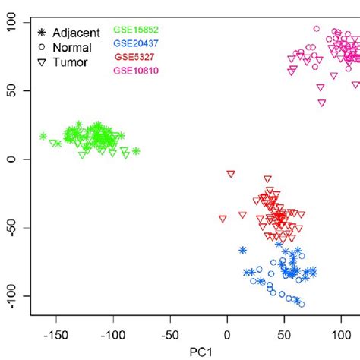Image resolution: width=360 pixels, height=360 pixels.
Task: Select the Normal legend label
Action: pos(71,47)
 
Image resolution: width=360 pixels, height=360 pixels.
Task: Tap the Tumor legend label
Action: pos(68,62)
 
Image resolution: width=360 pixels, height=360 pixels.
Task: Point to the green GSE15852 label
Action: pos(136,30)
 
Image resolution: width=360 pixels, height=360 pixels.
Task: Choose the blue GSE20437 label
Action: pos(136,43)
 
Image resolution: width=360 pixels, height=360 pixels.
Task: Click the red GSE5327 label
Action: pos(134,57)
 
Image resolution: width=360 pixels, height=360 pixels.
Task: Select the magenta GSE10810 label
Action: pos(136,71)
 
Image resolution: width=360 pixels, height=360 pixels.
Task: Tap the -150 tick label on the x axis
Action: pos(54,333)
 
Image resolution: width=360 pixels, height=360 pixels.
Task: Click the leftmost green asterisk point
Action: pos(43,137)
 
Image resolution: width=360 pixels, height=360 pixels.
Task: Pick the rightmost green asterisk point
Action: pos(136,151)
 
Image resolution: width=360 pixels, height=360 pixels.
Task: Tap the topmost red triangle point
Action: pos(230,174)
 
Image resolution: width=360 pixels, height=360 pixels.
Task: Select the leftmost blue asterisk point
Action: pos(242,250)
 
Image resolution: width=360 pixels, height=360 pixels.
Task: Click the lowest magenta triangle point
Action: pos(321,103)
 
